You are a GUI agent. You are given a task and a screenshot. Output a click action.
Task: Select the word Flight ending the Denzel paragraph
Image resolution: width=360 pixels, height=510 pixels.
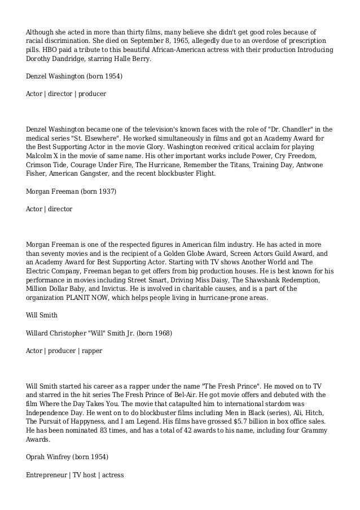[x=204, y=173]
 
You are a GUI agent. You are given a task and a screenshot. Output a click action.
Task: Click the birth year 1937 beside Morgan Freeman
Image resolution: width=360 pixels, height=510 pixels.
[x=104, y=191]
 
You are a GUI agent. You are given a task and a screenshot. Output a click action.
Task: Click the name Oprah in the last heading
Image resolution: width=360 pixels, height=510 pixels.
[x=36, y=457]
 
